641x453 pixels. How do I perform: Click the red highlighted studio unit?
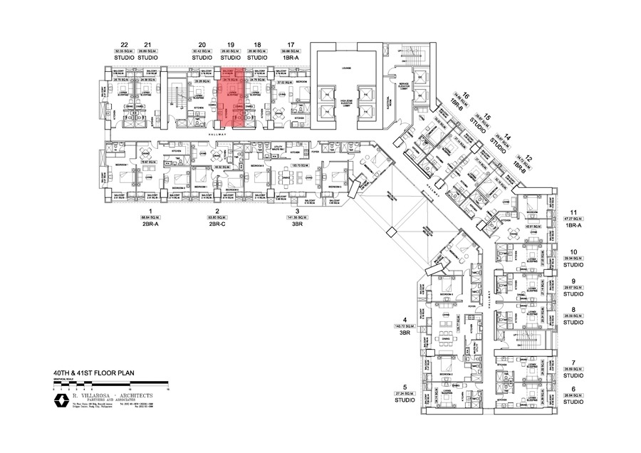[x=233, y=98]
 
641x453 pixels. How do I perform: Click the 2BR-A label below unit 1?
[x=150, y=224]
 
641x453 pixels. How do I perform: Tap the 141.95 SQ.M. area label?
[x=297, y=218]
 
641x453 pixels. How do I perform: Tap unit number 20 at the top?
[x=202, y=43]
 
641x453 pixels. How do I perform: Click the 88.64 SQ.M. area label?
[x=150, y=218]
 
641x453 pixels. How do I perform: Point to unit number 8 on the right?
[x=573, y=309]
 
